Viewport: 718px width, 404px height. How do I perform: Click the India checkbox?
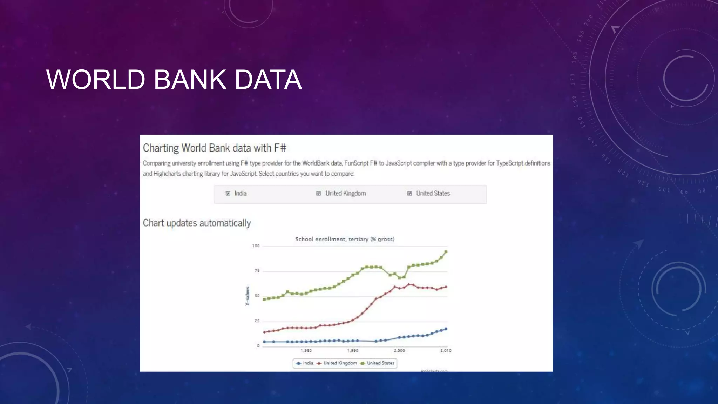tap(228, 194)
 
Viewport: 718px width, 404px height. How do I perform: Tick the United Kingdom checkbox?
tap(318, 194)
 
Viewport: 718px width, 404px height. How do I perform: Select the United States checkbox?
tap(409, 194)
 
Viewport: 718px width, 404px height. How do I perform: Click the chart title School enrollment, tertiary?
tap(345, 239)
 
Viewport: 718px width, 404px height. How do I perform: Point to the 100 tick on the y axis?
tap(256, 246)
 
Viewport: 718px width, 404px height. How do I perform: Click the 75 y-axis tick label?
tap(257, 271)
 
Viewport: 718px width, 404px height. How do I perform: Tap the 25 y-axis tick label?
tap(257, 321)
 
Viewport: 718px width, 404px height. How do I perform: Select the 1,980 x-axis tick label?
tap(306, 350)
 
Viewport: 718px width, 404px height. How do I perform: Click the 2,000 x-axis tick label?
tap(399, 350)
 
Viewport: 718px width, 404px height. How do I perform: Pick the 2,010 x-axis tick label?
tap(446, 350)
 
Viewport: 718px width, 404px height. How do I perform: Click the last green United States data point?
tap(446, 252)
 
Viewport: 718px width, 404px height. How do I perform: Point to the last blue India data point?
tap(446, 329)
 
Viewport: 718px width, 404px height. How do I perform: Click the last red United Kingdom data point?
tap(446, 287)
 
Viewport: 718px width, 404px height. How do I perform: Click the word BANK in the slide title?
tap(190, 80)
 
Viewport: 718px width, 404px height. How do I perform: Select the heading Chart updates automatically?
tap(197, 223)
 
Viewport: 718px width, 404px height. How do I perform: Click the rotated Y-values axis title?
tap(247, 296)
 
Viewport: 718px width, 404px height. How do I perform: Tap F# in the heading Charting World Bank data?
tap(280, 148)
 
